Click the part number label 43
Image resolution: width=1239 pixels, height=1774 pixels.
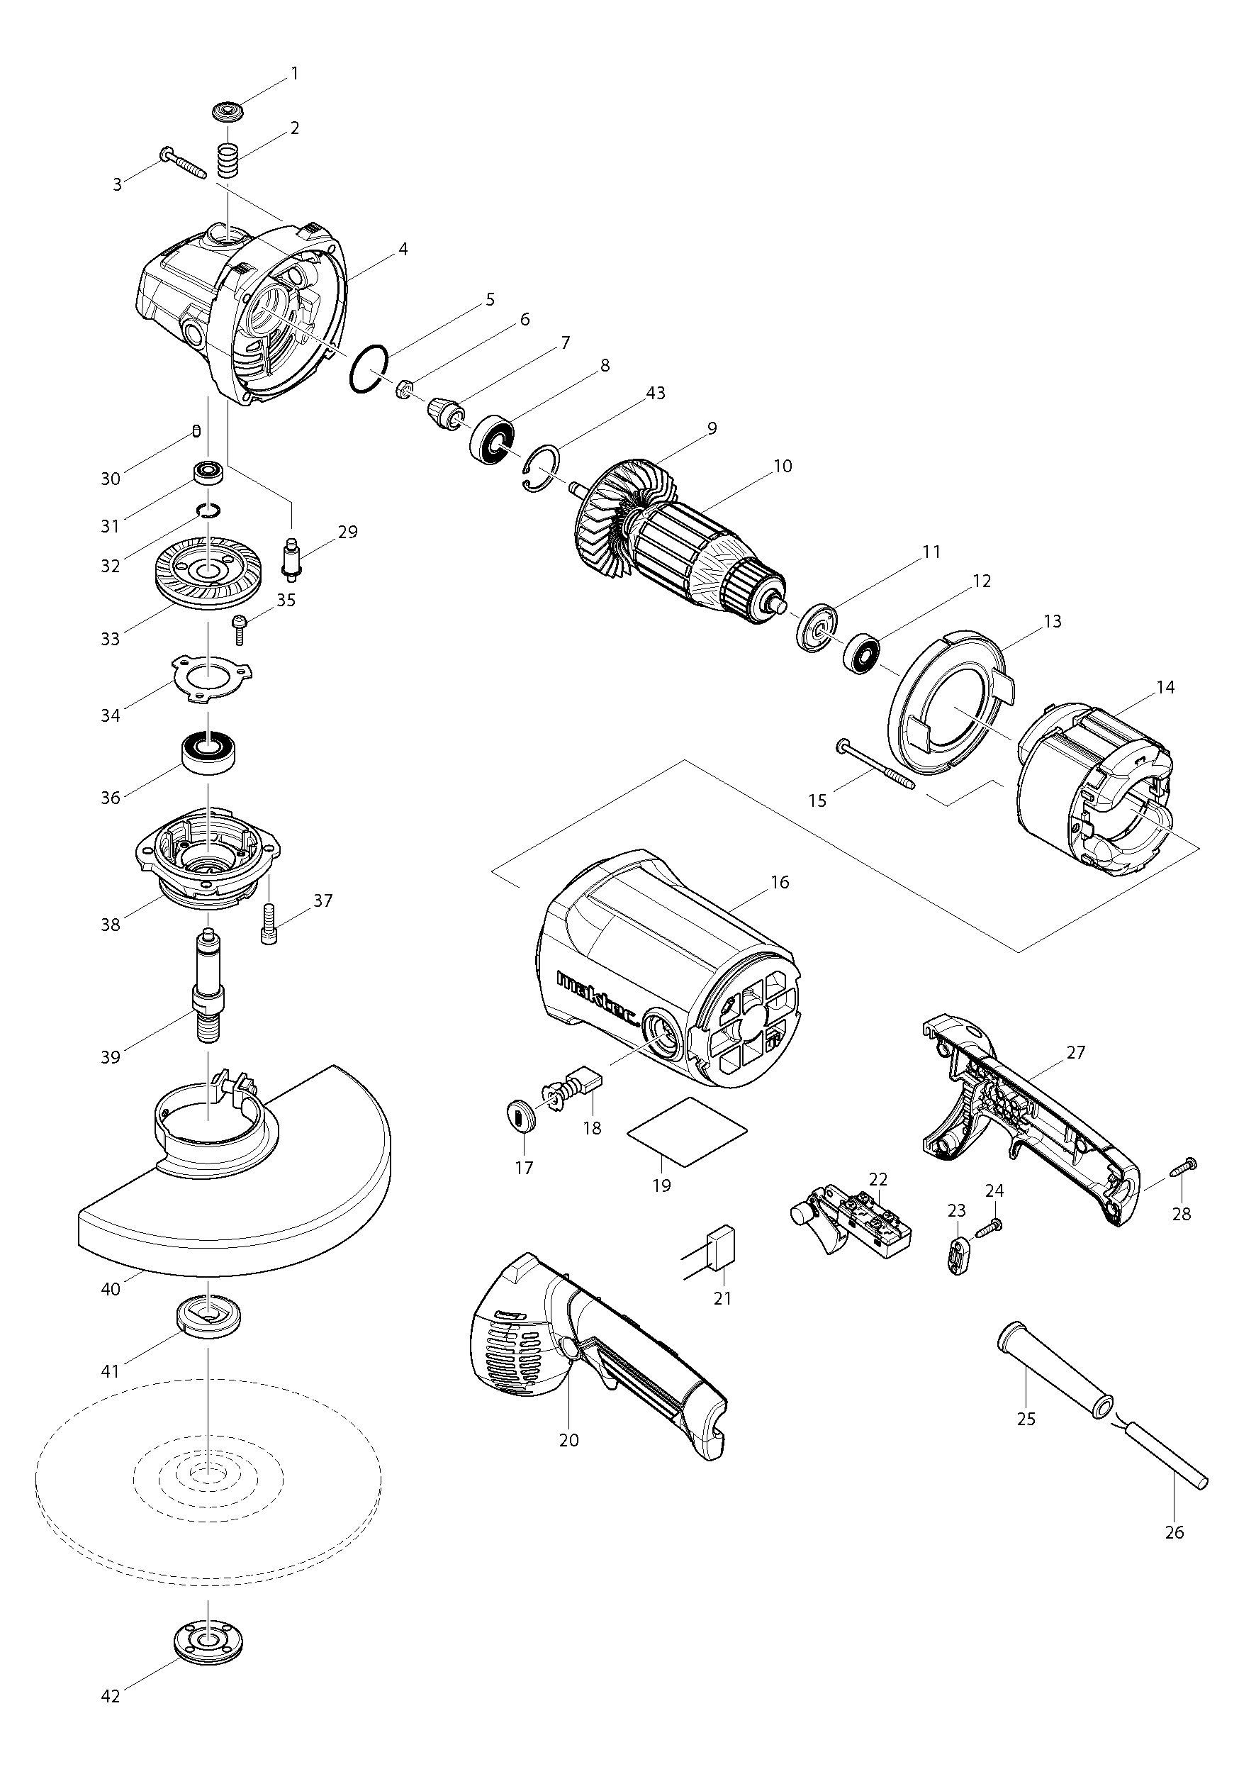pos(655,394)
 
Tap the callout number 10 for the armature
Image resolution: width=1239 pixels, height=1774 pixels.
pos(782,466)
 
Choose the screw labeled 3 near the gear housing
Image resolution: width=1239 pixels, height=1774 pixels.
pos(183,163)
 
